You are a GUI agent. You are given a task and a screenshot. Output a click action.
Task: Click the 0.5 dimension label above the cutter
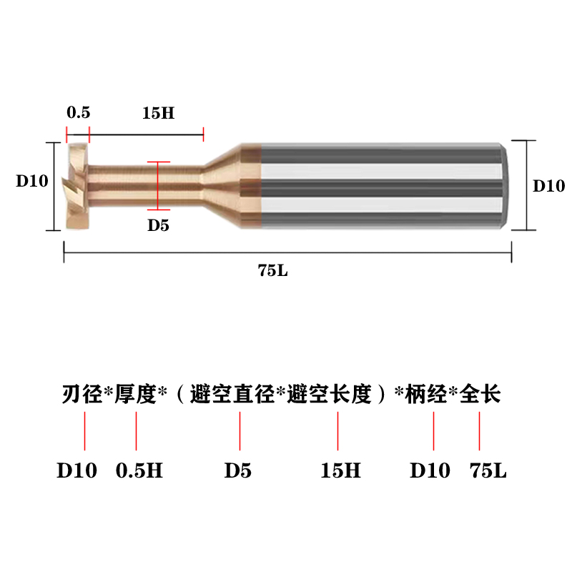pos(78,113)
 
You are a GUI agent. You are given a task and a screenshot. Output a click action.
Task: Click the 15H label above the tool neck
pos(159,113)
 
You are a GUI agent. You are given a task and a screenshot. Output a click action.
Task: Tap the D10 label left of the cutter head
pos(32,181)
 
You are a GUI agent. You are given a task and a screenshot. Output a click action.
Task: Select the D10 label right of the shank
pos(549,185)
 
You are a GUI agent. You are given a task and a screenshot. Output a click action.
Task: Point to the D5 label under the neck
pos(158,225)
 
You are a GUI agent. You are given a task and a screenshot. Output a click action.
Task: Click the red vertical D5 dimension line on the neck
pos(158,185)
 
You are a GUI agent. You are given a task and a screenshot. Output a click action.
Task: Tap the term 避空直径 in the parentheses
pos(232,394)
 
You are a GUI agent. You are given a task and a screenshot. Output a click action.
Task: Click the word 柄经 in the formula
pos(426,394)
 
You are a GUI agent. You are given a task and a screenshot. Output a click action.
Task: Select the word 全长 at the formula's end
pos(480,394)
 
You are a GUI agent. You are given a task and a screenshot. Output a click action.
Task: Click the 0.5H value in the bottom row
pos(139,471)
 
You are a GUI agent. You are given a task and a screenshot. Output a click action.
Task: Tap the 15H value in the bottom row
pos(340,471)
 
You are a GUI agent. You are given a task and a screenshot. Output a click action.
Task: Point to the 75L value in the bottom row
pos(488,471)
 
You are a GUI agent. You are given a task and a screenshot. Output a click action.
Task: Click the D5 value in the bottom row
pos(238,471)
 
